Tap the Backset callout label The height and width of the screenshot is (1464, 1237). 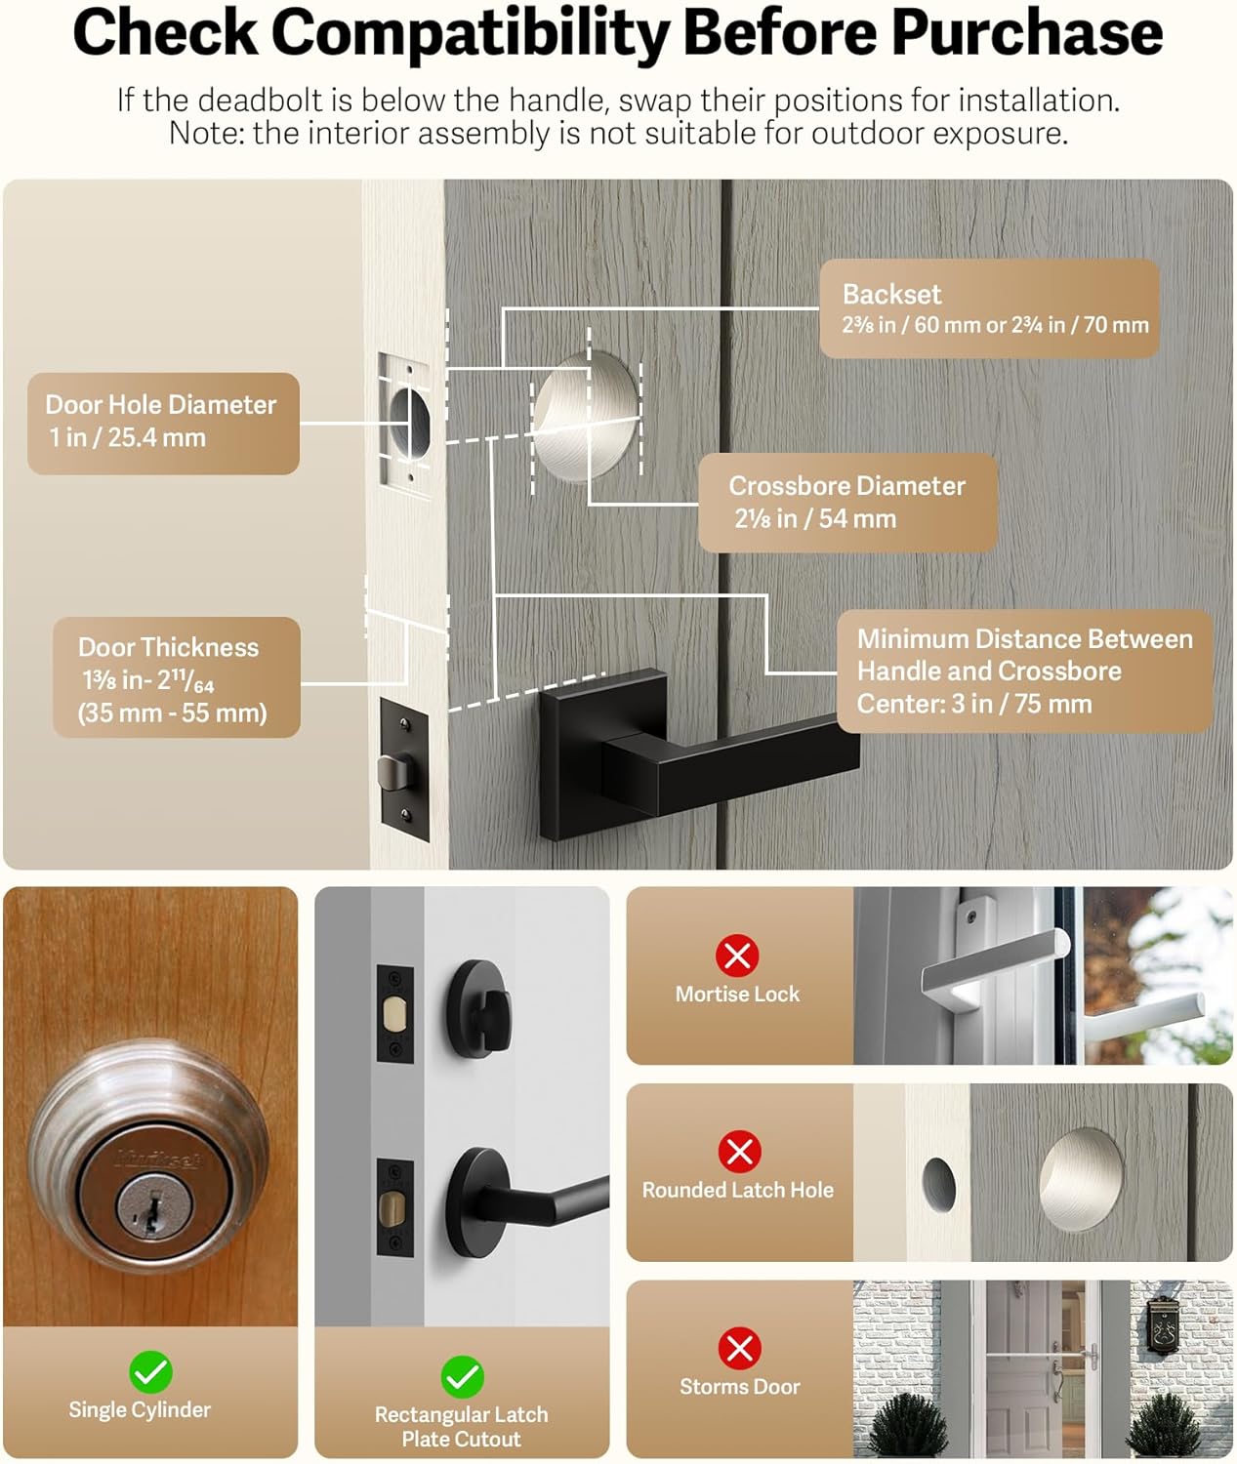click(x=988, y=308)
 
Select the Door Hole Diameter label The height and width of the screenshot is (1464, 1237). click(x=162, y=423)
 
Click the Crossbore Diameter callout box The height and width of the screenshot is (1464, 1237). click(x=847, y=502)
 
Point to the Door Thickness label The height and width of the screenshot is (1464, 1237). click(x=176, y=678)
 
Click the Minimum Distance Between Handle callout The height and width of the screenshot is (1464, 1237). click(x=1024, y=671)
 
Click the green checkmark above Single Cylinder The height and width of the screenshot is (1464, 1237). click(x=150, y=1372)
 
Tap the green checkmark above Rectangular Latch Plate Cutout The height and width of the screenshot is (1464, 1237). click(x=462, y=1377)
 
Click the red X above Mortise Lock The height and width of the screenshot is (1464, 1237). click(x=737, y=956)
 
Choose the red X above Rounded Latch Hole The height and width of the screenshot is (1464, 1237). click(x=739, y=1152)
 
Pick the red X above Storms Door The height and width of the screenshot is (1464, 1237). click(x=739, y=1349)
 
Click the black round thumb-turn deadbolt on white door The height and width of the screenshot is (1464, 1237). click(x=478, y=1005)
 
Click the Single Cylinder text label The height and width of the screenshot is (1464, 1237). click(x=140, y=1410)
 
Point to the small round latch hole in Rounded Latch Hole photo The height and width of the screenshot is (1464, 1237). click(x=938, y=1186)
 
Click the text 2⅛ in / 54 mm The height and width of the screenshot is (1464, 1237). click(x=815, y=519)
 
